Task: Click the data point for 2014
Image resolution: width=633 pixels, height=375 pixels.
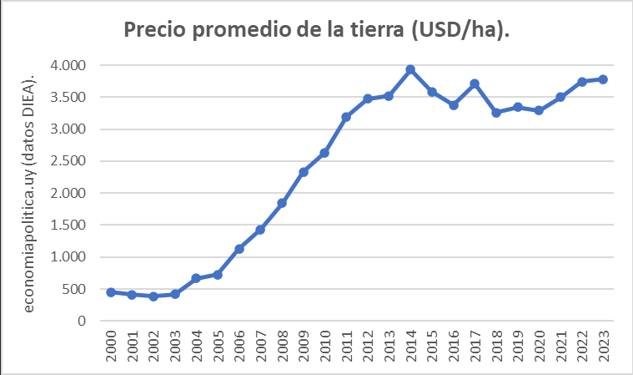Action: [x=410, y=69]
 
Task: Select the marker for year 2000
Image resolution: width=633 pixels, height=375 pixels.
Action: [x=111, y=292]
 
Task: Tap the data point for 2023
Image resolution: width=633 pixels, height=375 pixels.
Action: [x=603, y=79]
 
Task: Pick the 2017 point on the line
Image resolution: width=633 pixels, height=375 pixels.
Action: [x=475, y=84]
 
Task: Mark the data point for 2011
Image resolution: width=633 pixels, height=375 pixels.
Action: [x=346, y=117]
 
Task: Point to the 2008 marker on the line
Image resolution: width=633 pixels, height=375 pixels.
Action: [x=282, y=203]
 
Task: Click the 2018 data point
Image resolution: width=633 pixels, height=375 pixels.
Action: [x=496, y=112]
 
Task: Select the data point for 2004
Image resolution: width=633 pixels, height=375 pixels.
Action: [x=196, y=278]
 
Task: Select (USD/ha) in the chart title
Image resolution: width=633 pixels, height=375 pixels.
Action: [x=460, y=30]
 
